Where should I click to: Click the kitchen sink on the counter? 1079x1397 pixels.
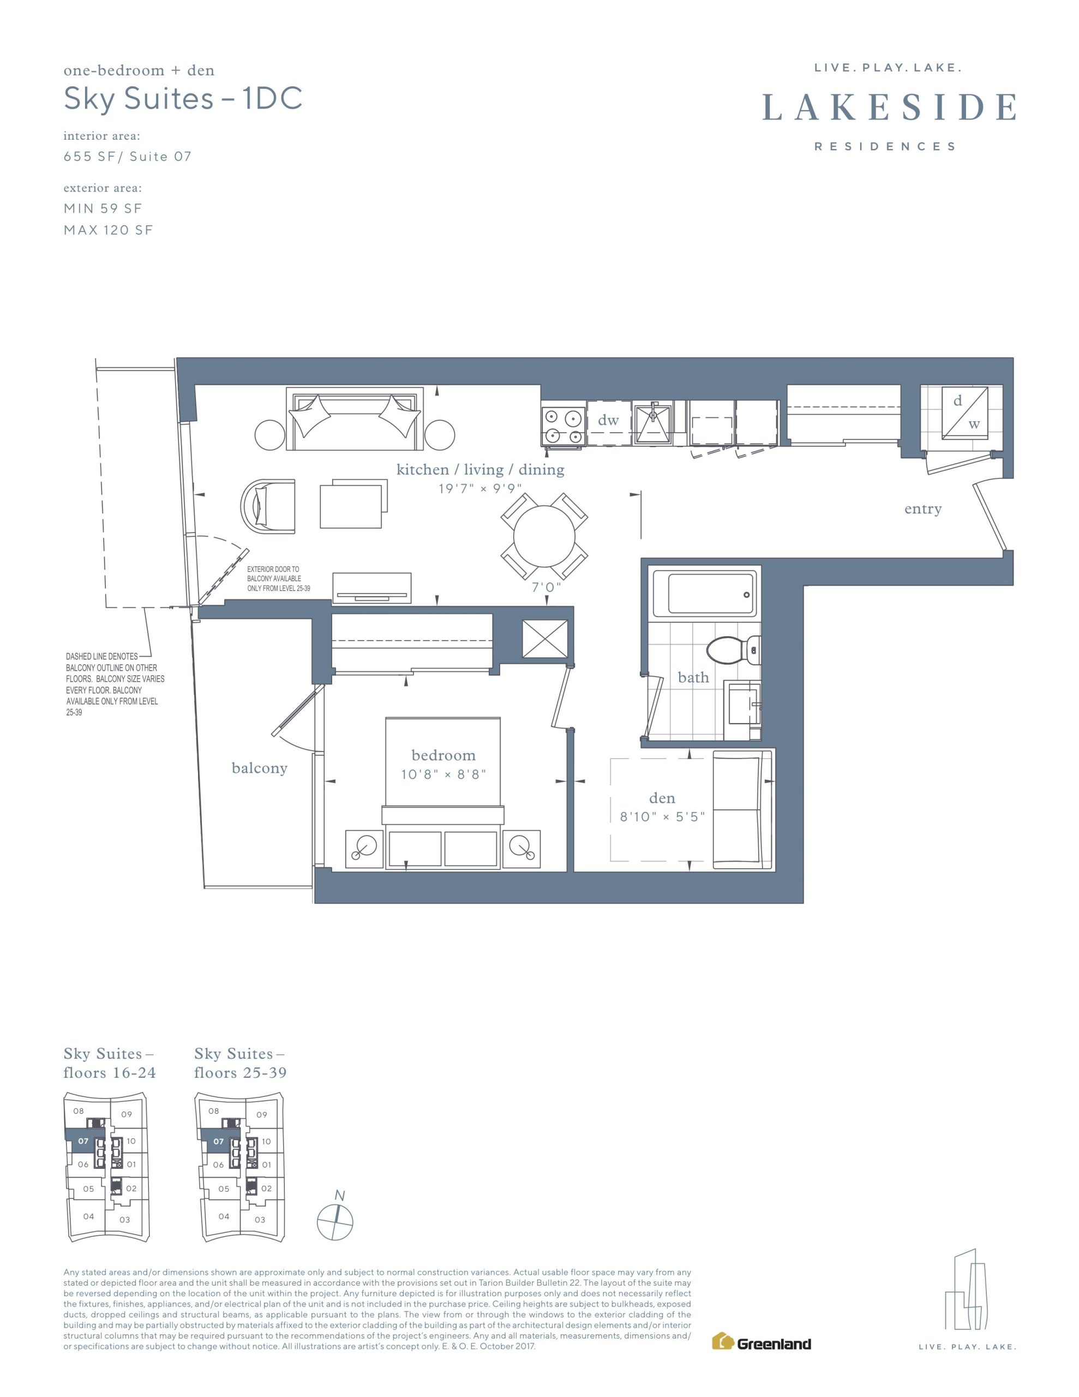pyautogui.click(x=653, y=422)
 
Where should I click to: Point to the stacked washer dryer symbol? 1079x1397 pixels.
pyautogui.click(x=964, y=413)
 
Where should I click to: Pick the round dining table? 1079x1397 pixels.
pyautogui.click(x=544, y=536)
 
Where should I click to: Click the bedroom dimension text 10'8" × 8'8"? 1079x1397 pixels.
pyautogui.click(x=444, y=774)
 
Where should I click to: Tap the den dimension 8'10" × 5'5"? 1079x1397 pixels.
pyautogui.click(x=662, y=817)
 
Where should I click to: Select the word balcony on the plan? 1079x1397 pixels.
pyautogui.click(x=259, y=768)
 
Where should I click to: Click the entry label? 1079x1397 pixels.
pyautogui.click(x=923, y=509)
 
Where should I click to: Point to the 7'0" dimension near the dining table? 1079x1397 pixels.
pyautogui.click(x=547, y=587)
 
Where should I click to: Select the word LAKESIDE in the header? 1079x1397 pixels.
pyautogui.click(x=889, y=107)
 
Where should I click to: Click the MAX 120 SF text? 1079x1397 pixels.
pyautogui.click(x=108, y=230)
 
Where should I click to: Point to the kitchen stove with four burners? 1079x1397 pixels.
pyautogui.click(x=564, y=426)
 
